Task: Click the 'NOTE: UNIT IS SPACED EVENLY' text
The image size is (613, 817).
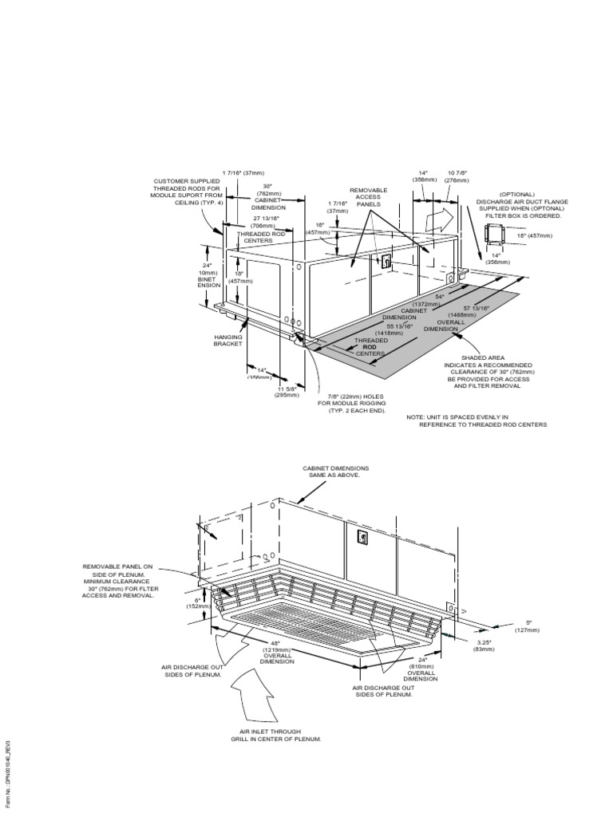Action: point(477,421)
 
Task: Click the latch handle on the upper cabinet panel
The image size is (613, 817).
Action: point(386,261)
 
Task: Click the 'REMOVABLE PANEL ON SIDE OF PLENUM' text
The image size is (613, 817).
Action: point(118,581)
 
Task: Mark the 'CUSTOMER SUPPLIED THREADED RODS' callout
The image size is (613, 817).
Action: point(184,191)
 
